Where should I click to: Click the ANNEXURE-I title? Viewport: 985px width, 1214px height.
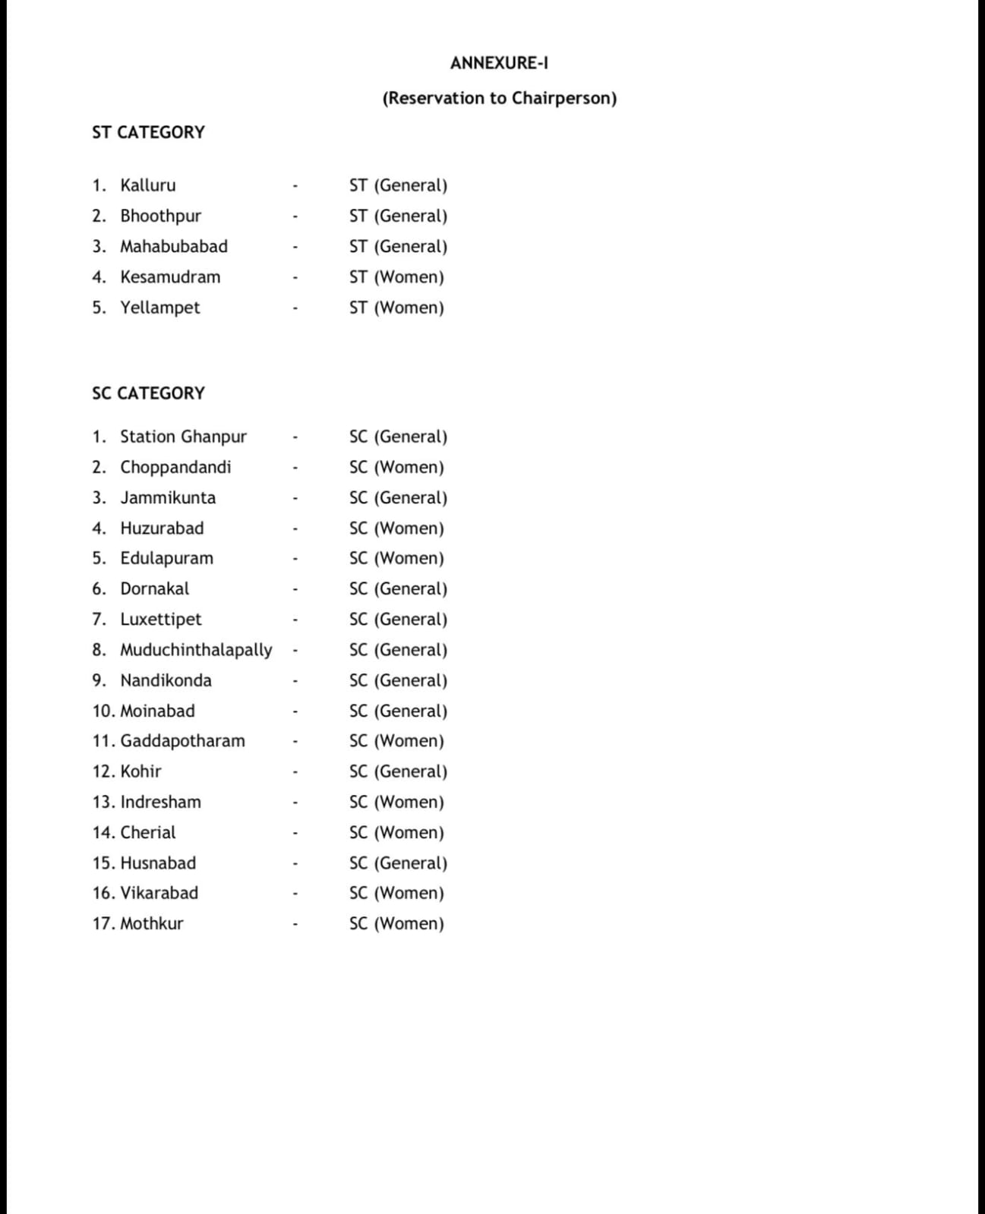499,63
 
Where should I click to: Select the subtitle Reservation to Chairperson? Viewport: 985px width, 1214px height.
499,98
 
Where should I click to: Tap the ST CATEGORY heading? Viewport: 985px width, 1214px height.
148,132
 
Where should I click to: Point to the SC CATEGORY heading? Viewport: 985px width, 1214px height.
148,393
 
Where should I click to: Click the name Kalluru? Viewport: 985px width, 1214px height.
147,185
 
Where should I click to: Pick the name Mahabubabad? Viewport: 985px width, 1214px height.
173,246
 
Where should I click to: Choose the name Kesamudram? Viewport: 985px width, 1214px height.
170,277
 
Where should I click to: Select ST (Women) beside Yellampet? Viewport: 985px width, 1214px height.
396,307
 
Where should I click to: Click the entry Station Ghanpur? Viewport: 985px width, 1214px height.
183,437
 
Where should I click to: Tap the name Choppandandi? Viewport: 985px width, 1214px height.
175,467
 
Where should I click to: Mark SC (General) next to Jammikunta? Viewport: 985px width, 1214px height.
398,498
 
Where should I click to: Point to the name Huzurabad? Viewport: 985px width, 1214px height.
162,528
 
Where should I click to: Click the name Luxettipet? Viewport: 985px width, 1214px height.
161,620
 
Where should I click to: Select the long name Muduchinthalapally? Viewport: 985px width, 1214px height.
196,650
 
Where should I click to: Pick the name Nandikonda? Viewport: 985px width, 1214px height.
166,680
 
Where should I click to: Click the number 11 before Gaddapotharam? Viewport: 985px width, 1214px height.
103,741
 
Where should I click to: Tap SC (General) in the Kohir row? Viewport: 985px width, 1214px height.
398,771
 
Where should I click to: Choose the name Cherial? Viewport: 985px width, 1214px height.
147,832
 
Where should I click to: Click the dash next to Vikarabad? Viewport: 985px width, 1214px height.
295,894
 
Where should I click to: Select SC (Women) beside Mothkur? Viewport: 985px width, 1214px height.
396,924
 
